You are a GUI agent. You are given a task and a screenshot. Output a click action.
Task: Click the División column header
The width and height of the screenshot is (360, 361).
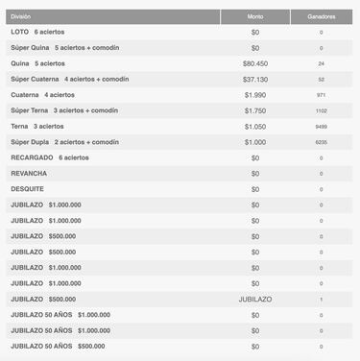pos(21,15)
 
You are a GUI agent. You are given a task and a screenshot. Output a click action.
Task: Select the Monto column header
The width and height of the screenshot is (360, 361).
pos(254,15)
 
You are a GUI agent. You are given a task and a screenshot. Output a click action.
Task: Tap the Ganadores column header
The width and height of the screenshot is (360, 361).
pos(320,15)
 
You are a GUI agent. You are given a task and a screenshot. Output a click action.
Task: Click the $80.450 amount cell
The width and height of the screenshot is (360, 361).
pos(254,62)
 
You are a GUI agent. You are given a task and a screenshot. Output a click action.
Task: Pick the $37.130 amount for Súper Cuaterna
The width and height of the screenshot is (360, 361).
pos(254,79)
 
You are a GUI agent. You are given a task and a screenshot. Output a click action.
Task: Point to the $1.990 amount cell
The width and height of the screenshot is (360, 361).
pos(254,94)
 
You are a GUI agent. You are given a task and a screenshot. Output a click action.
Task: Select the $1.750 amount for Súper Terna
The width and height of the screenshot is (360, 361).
pos(254,110)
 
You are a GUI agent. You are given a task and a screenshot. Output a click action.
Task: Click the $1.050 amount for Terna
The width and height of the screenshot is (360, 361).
pos(254,126)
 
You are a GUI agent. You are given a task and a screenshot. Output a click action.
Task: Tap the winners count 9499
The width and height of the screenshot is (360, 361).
pos(321,126)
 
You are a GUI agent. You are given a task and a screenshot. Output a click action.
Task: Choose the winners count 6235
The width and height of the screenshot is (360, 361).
pos(321,141)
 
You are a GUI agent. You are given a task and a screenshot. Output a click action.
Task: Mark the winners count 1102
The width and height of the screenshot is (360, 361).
pos(321,110)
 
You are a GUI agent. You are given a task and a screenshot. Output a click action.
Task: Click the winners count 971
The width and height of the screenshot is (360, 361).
pos(321,94)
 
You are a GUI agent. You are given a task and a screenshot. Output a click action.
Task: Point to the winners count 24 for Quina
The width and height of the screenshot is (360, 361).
pos(321,62)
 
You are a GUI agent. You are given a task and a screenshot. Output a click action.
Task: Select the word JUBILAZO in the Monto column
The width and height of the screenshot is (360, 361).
pos(254,299)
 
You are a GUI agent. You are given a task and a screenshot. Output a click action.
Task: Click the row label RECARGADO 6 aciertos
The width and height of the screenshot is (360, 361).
pos(49,156)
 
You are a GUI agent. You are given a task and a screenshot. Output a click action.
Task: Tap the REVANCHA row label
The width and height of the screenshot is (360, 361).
pos(29,173)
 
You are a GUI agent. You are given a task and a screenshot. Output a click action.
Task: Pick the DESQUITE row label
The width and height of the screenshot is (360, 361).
pos(28,188)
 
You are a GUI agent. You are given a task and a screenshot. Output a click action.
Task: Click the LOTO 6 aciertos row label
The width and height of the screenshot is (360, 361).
pos(40,32)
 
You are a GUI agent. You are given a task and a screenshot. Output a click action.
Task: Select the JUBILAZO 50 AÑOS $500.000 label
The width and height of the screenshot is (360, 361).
pos(58,346)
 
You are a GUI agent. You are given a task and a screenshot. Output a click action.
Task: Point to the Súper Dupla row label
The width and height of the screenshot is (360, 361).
pos(63,141)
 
